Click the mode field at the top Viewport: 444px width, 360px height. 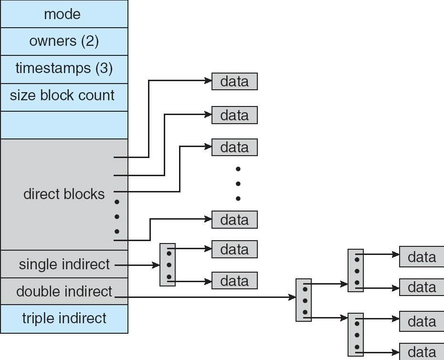pyautogui.click(x=64, y=14)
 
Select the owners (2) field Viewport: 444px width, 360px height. pyautogui.click(x=64, y=41)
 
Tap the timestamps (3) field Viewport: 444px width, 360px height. pyautogui.click(x=64, y=68)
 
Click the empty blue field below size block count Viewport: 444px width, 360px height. pyautogui.click(x=64, y=125)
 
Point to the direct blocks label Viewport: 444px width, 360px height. pyautogui.click(x=64, y=194)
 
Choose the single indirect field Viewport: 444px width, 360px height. pyautogui.click(x=64, y=264)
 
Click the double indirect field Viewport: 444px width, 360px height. pyautogui.click(x=64, y=291)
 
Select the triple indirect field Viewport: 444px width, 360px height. pyautogui.click(x=64, y=318)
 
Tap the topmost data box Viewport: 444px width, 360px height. pyautogui.click(x=234, y=81)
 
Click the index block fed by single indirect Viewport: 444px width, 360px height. pyautogui.click(x=168, y=265)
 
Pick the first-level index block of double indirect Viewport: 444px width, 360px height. pyautogui.click(x=304, y=300)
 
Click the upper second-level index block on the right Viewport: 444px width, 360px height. pyautogui.click(x=356, y=270)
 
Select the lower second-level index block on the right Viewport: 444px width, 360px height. pyautogui.click(x=356, y=335)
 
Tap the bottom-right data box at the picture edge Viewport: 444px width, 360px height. pyautogui.click(x=422, y=352)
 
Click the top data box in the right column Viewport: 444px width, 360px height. pyautogui.click(x=422, y=257)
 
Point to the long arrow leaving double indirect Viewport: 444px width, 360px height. pyautogui.click(x=205, y=297)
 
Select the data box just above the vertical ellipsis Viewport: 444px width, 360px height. pyautogui.click(x=234, y=147)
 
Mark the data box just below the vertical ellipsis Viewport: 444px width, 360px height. pyautogui.click(x=234, y=220)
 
